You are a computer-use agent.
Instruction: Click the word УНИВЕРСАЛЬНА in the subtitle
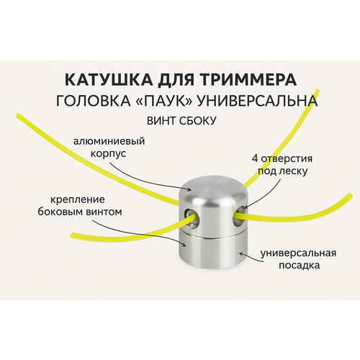[258, 101]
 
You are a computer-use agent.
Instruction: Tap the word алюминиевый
[109, 142]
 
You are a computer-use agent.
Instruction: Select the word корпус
[109, 154]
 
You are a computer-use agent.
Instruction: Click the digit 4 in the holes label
[255, 158]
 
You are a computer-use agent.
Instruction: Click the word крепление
[78, 199]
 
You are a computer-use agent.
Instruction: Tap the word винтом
[102, 212]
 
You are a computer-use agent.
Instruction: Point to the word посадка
[299, 266]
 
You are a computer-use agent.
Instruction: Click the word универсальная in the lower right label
[298, 253]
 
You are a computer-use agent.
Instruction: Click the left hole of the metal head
[191, 218]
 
